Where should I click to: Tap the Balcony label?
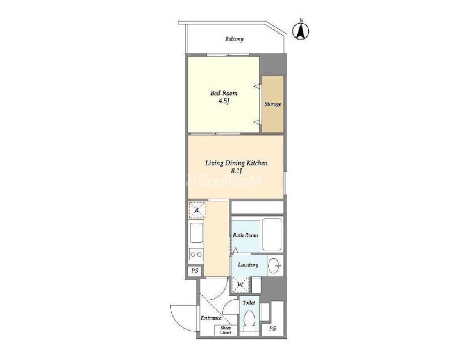[x=234, y=39]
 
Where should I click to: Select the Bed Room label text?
[x=224, y=93]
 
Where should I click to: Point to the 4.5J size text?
[x=224, y=101]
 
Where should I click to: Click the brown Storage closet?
[x=273, y=104]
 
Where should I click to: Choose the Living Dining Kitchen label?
[x=236, y=163]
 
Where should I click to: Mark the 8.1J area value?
[x=236, y=171]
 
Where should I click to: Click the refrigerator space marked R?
[x=197, y=210]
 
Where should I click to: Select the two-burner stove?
[x=196, y=254]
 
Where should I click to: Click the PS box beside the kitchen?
[x=195, y=271]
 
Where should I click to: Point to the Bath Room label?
[x=245, y=236]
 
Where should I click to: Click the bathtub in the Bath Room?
[x=271, y=235]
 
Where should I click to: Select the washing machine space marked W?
[x=240, y=284]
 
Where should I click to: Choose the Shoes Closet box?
[x=226, y=330]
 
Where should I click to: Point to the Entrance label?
[x=211, y=318]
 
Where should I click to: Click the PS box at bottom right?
[x=273, y=329]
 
